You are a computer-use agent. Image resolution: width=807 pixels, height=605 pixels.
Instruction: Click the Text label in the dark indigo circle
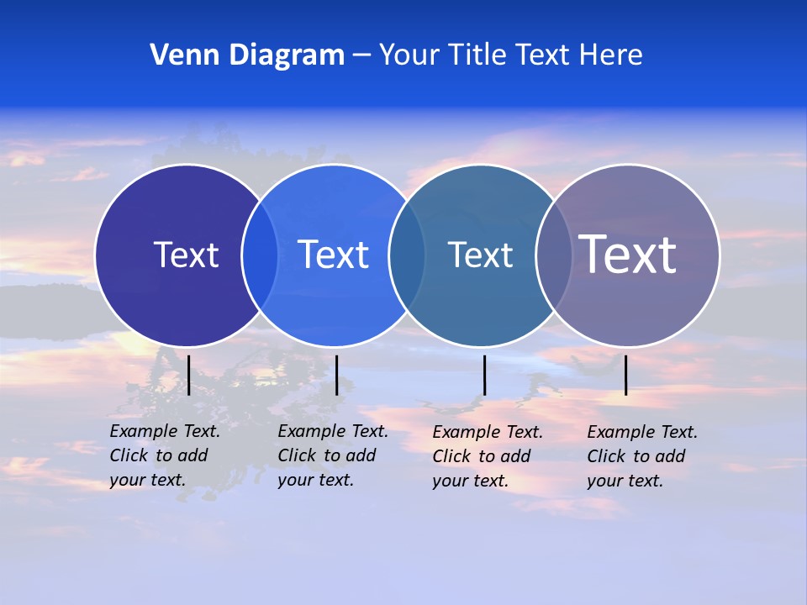click(186, 255)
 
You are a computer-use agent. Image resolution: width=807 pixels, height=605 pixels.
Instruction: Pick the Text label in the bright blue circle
click(333, 255)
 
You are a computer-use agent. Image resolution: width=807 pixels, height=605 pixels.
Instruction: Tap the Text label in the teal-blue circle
click(480, 255)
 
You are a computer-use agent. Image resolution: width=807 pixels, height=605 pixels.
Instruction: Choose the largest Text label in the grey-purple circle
click(628, 255)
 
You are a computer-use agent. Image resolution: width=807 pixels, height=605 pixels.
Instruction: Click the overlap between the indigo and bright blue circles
click(260, 255)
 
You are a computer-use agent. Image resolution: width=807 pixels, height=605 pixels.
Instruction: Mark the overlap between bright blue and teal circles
click(407, 255)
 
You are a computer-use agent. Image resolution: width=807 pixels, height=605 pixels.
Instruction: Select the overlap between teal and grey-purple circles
click(554, 255)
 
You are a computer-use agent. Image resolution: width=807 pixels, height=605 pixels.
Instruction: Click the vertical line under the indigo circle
click(188, 375)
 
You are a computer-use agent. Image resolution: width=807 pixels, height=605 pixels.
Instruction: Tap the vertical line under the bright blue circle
click(336, 375)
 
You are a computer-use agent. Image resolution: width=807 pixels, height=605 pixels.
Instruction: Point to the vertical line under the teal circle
click(484, 375)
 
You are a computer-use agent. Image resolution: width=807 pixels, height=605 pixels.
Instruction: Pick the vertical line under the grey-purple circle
click(625, 375)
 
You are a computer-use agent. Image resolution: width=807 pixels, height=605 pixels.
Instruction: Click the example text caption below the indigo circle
click(165, 455)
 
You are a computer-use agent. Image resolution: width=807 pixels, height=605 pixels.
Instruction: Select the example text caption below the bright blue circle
click(333, 455)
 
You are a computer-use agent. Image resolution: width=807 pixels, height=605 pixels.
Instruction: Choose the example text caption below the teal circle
click(488, 456)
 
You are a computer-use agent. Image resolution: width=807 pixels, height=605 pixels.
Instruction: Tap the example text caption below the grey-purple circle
click(642, 456)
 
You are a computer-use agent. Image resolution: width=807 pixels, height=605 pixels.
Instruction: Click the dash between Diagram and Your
click(361, 56)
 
